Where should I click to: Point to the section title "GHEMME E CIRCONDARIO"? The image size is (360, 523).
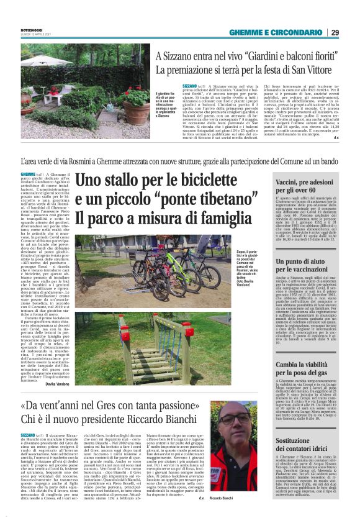(276, 32)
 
